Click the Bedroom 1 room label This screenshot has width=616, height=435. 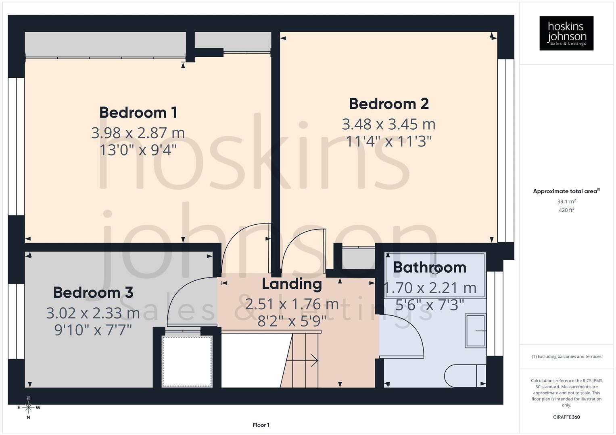pos(138,112)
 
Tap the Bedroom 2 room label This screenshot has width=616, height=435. pos(388,104)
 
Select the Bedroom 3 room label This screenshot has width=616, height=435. pos(93,292)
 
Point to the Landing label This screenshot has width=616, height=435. pos(292,284)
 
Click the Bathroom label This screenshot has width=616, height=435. pos(430,267)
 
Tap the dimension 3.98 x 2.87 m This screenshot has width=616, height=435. pos(138,133)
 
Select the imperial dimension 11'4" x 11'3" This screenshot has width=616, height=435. pos(389,141)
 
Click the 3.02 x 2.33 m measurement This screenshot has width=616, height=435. pos(93,313)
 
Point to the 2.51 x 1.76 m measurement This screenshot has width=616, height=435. pos(292,304)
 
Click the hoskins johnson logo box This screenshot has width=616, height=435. pos(566,33)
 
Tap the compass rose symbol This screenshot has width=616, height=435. pos(28,408)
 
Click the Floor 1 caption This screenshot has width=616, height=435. pos(261,425)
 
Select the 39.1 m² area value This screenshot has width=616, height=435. pos(566,201)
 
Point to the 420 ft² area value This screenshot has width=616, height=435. pos(566,210)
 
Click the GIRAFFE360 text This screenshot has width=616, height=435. pos(566,417)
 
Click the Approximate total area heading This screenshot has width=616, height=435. pos(566,191)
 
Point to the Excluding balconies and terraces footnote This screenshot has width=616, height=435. pos(566,356)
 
